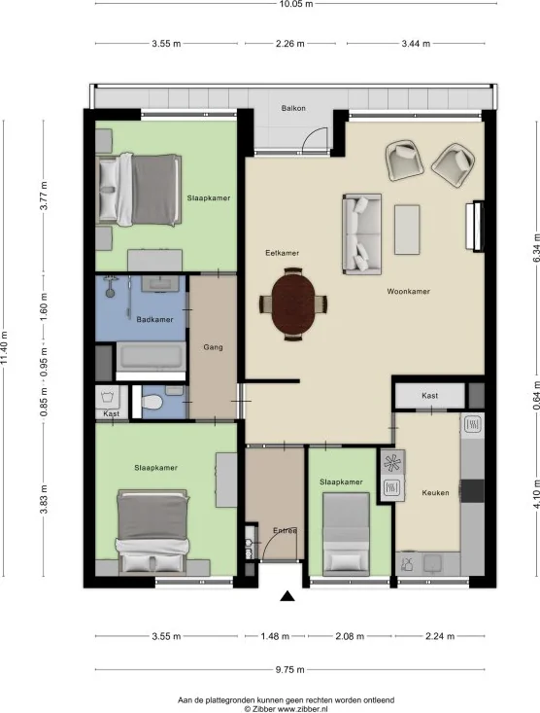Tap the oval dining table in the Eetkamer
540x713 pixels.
293,303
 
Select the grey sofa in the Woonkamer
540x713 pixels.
361,233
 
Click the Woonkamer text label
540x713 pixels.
409,291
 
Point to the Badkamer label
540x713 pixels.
154,319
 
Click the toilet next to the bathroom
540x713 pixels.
150,401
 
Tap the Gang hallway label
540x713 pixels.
214,347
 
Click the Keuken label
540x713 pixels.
435,493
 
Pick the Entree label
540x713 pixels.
285,531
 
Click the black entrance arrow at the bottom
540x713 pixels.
287,598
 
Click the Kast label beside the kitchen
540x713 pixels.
429,396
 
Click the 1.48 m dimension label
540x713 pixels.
275,637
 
